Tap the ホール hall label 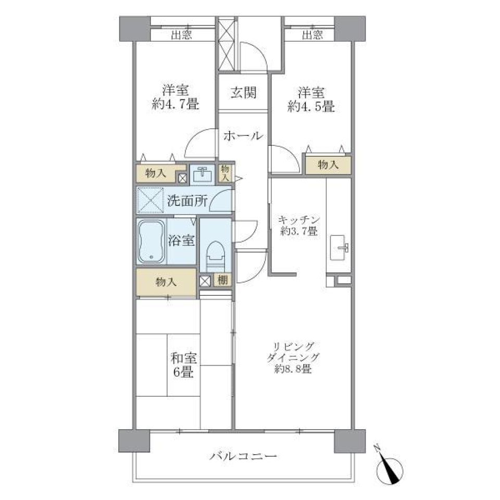tap(242, 136)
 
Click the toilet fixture tap(215, 255)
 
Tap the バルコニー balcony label tap(243, 457)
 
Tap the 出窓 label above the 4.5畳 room tap(312, 35)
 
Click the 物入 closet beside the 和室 tap(166, 283)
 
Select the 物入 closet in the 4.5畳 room tap(328, 165)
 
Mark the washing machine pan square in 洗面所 tap(151, 200)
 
